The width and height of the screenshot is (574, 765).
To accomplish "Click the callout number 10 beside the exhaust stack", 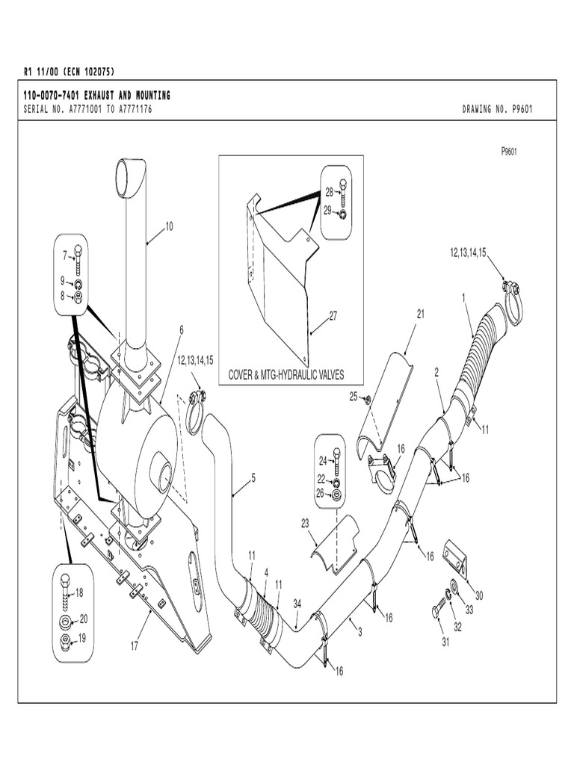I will tap(169, 226).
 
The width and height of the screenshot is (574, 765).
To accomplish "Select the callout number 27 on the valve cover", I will tap(333, 316).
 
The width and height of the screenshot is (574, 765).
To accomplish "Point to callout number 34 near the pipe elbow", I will tap(297, 604).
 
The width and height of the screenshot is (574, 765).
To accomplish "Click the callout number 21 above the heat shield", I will tap(420, 315).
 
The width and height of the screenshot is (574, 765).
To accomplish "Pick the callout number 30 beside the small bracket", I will tap(479, 595).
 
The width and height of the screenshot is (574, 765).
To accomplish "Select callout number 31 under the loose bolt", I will tap(446, 642).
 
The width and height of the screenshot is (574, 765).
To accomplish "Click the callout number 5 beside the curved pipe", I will tap(253, 477).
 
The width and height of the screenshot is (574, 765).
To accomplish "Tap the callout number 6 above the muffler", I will tap(181, 329).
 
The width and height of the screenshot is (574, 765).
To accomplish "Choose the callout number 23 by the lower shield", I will tap(305, 523).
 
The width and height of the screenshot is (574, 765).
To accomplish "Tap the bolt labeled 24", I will tap(336, 461).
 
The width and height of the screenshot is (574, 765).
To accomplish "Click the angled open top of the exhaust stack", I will tap(132, 176).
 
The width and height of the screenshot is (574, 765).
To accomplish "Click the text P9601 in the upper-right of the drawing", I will tap(509, 151).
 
